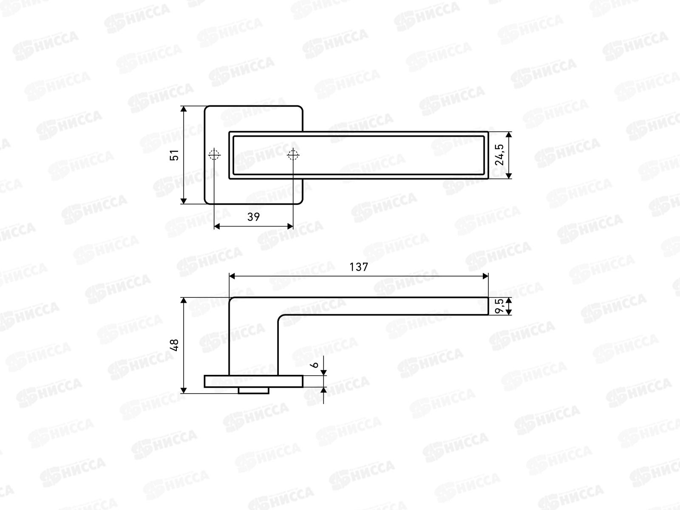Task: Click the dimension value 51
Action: [x=174, y=155]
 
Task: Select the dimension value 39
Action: [x=253, y=217]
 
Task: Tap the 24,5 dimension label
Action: [x=499, y=155]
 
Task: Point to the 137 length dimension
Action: [x=359, y=267]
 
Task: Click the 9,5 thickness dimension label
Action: [x=499, y=306]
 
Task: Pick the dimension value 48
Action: [x=174, y=345]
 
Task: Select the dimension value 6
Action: [x=314, y=365]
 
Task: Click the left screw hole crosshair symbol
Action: [x=214, y=155]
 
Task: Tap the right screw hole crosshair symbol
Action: [x=293, y=155]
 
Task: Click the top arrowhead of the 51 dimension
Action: [x=184, y=109]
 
